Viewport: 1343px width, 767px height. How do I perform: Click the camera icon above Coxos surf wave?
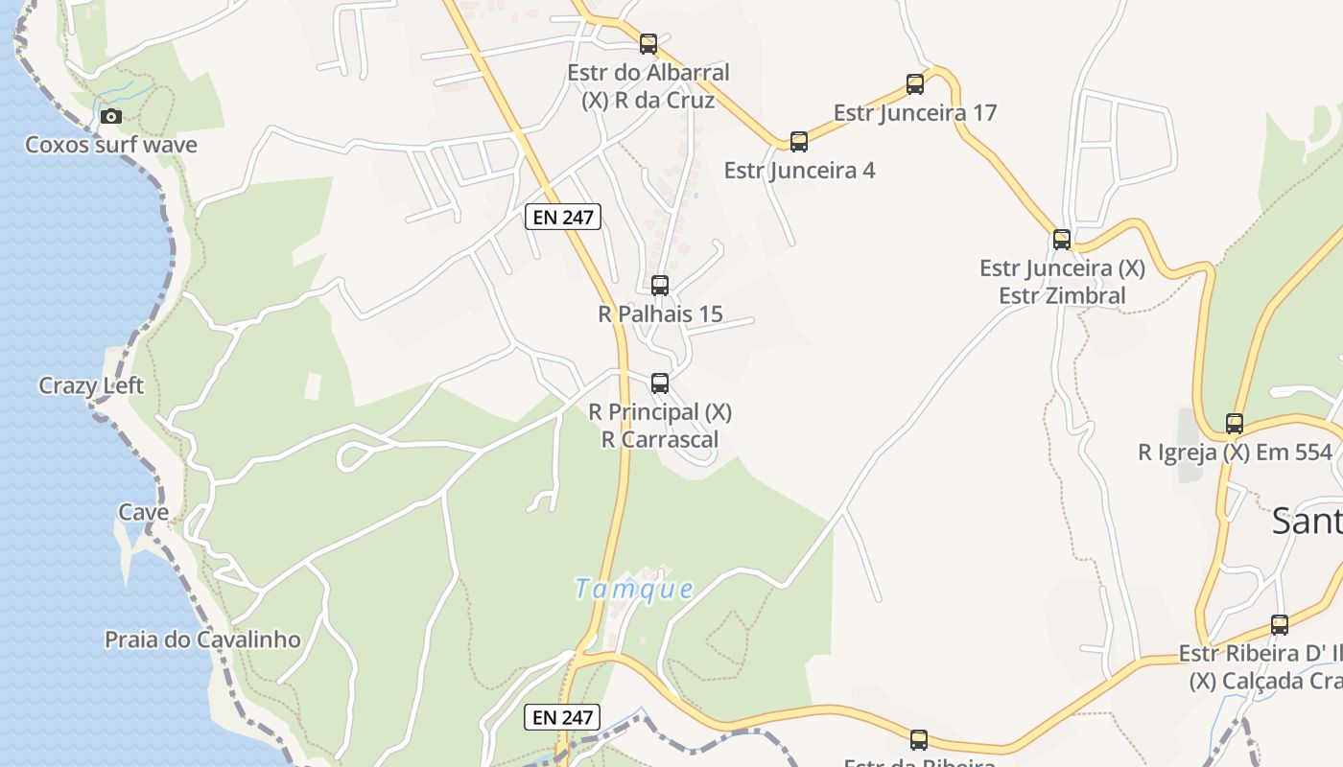[111, 116]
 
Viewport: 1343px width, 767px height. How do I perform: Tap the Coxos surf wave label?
[111, 145]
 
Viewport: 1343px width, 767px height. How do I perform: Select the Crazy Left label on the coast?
[91, 385]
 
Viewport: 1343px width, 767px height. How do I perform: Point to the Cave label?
[144, 512]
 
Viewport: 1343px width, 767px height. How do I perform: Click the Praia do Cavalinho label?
[202, 639]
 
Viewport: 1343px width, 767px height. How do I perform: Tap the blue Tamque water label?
[633, 589]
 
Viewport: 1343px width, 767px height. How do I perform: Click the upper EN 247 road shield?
[564, 218]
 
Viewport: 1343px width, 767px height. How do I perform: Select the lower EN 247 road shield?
[563, 716]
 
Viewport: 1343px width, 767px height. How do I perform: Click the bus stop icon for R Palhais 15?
[660, 285]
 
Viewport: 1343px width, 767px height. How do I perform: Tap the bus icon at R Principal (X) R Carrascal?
[660, 383]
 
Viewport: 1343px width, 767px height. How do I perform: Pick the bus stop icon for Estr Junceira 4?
[799, 142]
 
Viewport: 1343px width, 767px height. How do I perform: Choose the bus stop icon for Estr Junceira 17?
[915, 84]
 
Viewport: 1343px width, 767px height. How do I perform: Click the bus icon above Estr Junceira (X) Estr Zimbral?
[1062, 240]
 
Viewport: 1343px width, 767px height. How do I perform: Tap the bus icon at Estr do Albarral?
[648, 44]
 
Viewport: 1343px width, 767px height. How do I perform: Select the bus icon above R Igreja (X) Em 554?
[1235, 423]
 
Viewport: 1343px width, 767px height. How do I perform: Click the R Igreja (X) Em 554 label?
[1235, 453]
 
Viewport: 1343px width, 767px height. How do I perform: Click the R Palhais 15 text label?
[660, 314]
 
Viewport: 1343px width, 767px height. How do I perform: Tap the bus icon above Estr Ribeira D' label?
[1280, 625]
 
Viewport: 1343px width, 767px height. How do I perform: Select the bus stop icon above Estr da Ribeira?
[919, 739]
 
